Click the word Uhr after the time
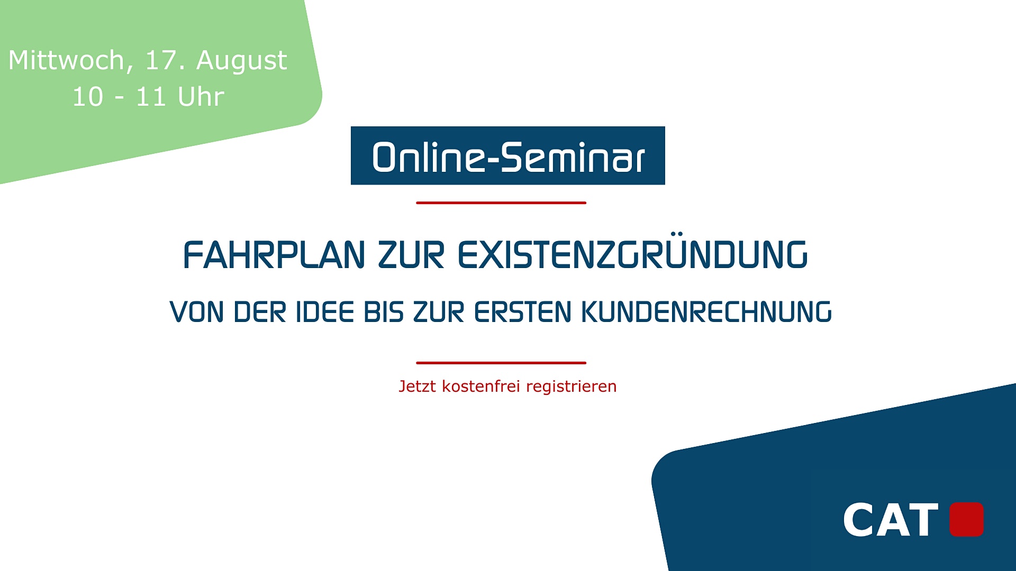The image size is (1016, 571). tap(201, 97)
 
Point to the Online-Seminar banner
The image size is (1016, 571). tap(507, 155)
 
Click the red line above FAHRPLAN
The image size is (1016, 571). tap(501, 202)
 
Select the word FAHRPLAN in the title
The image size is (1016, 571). tap(274, 255)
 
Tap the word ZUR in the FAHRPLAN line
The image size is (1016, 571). tap(411, 255)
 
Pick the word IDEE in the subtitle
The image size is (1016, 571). tap(325, 312)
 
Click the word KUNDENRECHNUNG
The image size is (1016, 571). tap(706, 312)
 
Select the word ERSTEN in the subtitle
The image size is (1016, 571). tap(522, 312)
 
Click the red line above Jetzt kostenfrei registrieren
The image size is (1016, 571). tap(501, 363)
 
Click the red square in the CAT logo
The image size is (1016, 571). tap(967, 519)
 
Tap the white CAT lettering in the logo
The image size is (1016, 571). tap(891, 520)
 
